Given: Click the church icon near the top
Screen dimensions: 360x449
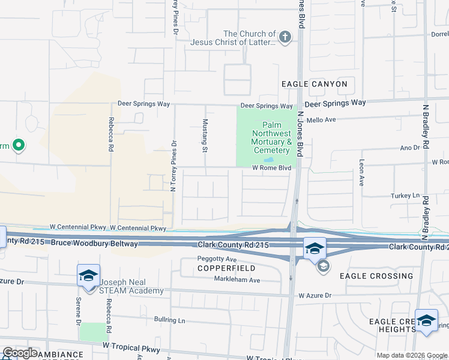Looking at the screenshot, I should click(285, 38).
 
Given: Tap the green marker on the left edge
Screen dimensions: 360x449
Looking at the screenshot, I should click(19, 145).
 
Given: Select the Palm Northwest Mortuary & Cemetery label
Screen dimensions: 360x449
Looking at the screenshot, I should click(271, 137).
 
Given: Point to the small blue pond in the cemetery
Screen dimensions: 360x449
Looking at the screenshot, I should click(268, 160).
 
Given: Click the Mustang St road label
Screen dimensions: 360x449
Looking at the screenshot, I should click(205, 135).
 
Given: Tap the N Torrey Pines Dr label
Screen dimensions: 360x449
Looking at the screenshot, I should click(174, 166).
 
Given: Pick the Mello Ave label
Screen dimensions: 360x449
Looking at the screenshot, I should click(321, 120).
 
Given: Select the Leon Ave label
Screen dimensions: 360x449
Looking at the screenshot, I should click(362, 172).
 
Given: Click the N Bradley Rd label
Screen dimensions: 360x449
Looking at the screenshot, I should click(425, 127).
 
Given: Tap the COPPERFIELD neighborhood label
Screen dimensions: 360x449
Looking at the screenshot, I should click(227, 268).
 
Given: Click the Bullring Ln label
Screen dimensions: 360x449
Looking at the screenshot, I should click(169, 320).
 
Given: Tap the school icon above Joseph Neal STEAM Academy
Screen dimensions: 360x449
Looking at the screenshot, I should click(88, 276).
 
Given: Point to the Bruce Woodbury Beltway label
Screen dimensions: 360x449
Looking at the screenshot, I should click(94, 244).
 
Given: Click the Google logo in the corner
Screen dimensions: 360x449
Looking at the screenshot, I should click(20, 353).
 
